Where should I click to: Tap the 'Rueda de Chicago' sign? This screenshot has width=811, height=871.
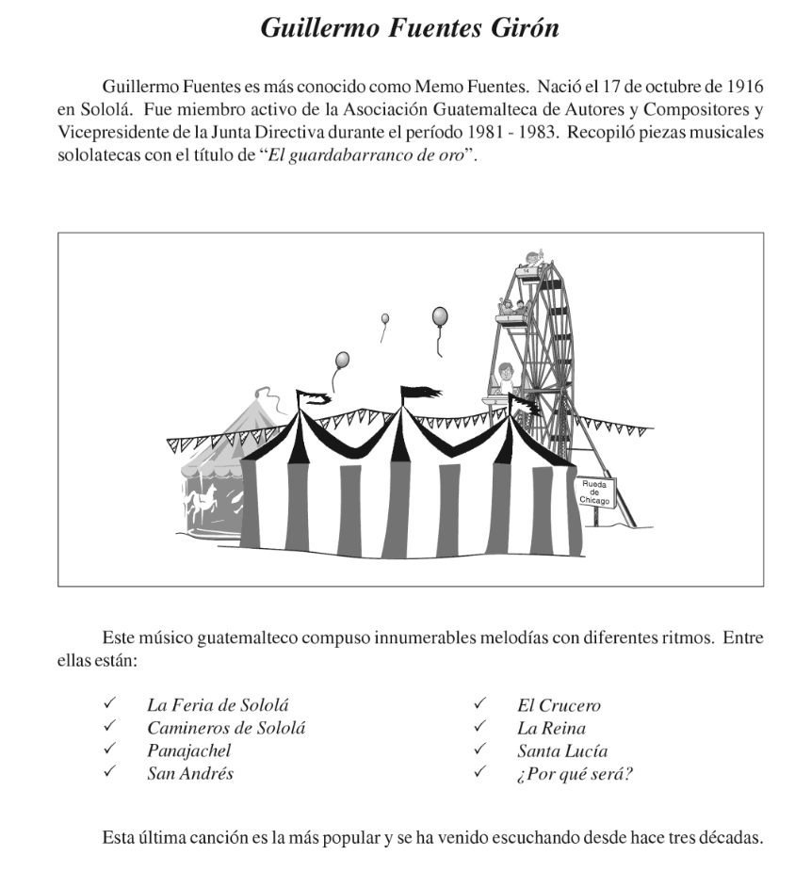[595, 492]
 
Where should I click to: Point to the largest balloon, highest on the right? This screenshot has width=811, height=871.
[439, 317]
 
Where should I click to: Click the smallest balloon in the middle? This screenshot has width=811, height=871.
[384, 319]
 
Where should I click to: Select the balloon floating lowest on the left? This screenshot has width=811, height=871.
[342, 360]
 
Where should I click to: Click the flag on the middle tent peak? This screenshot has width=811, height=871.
[420, 392]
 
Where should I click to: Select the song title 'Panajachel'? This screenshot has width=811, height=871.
[188, 750]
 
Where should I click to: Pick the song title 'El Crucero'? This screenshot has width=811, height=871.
[559, 705]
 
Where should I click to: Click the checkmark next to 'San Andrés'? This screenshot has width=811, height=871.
[110, 773]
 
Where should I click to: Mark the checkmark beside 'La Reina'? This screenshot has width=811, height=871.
[480, 728]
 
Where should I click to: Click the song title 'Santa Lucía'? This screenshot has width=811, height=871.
[561, 750]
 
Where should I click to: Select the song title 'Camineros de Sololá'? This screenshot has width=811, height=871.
[226, 728]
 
